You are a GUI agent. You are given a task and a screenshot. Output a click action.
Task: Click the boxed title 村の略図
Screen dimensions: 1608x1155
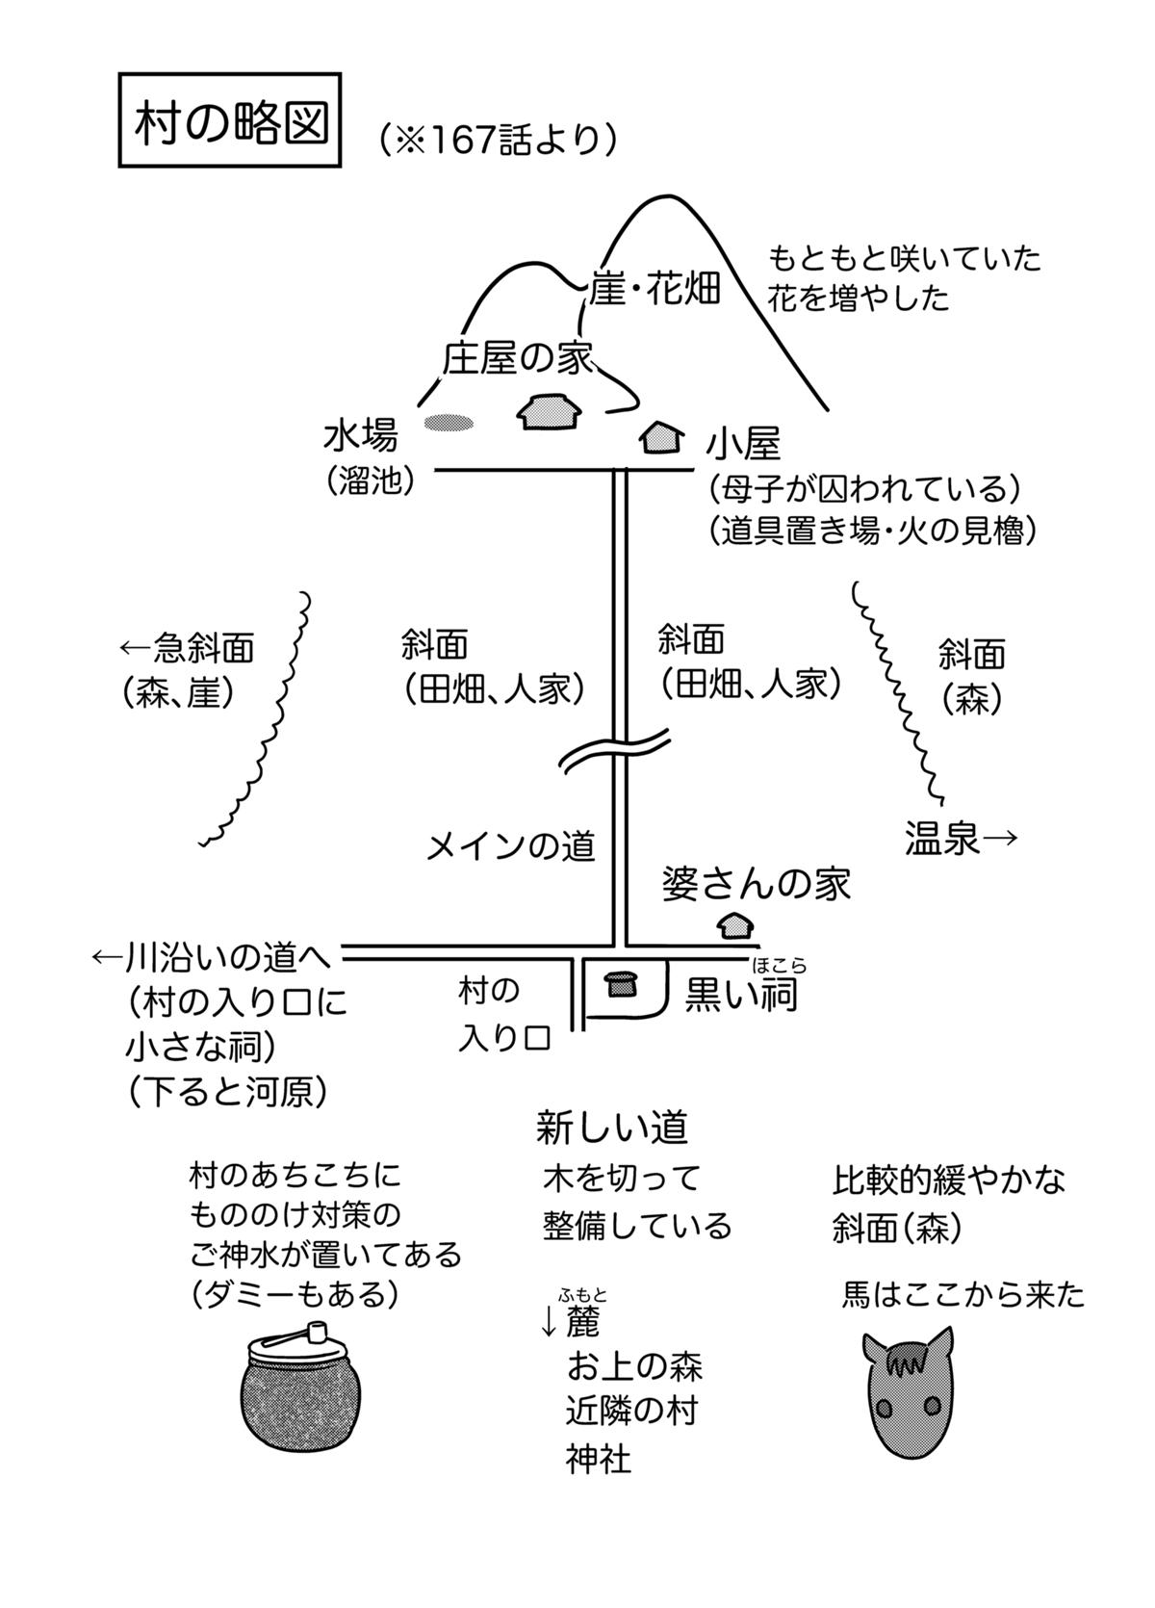click(x=229, y=120)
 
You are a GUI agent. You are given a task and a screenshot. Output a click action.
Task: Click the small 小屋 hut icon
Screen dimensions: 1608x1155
click(x=661, y=438)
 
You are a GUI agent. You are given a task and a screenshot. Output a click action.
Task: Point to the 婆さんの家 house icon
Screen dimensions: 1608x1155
click(x=736, y=926)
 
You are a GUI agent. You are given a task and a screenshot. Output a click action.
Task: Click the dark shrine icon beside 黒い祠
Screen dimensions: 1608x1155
click(x=621, y=983)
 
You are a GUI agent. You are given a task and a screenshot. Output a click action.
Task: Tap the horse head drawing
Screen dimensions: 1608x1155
click(x=907, y=1386)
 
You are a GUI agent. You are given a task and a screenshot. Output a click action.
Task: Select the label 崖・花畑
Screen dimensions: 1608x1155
click(x=654, y=289)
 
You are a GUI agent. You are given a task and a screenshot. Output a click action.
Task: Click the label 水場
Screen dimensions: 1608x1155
click(x=360, y=436)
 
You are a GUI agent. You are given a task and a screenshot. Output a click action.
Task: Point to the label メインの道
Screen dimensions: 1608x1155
click(x=511, y=846)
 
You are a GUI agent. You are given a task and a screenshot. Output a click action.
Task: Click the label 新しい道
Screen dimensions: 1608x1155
click(x=612, y=1128)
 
